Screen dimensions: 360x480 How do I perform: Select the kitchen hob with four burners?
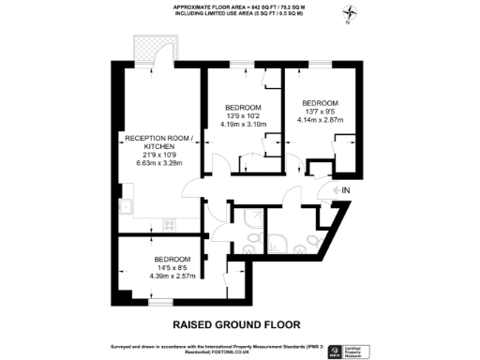169,224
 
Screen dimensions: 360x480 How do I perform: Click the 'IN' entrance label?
345,191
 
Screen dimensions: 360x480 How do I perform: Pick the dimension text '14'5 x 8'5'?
172,268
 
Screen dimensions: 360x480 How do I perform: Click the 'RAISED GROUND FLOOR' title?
236,324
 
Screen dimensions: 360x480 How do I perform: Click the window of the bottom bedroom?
164,303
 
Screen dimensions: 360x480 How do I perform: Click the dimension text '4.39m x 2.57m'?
172,277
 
